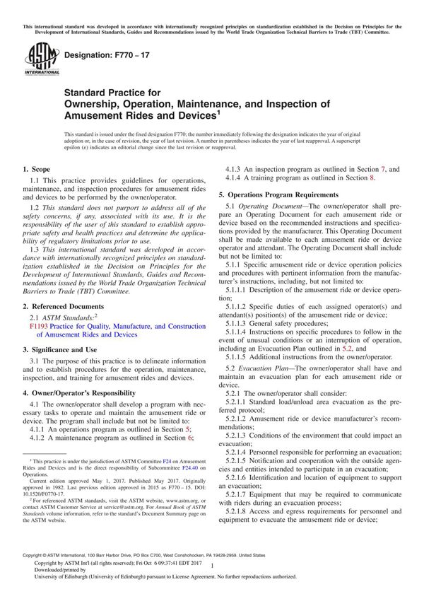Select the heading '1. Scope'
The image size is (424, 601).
36,170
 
